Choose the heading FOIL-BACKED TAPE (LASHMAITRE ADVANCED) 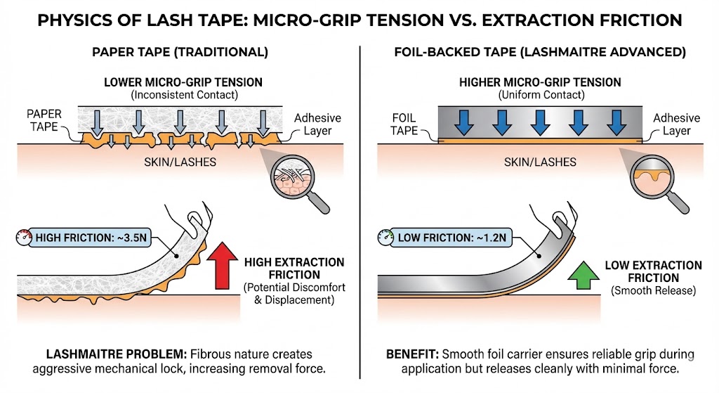point(540,52)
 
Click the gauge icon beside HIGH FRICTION point(21,237)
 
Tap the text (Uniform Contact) point(540,94)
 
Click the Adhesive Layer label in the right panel point(676,124)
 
